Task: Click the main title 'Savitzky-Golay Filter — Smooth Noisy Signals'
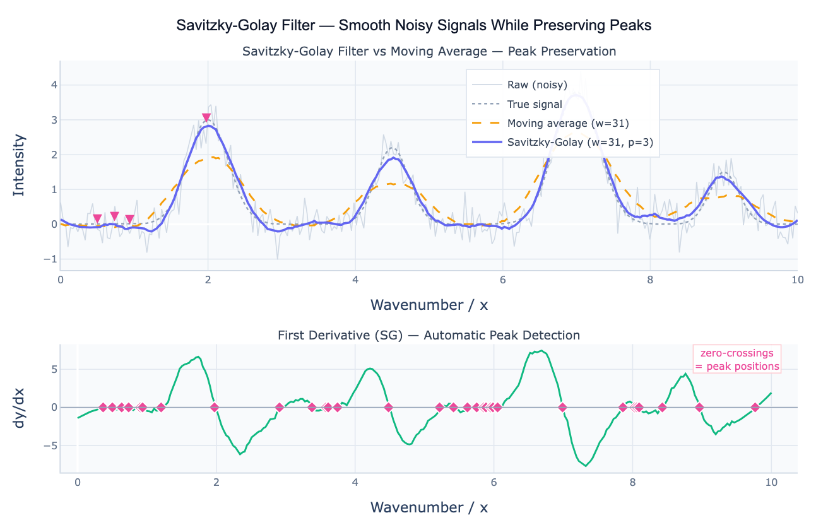[x=413, y=26]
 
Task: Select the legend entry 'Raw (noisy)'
[x=536, y=85]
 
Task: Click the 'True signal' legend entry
[x=534, y=104]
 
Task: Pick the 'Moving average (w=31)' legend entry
[x=568, y=123]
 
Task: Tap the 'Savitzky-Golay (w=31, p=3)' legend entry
[x=579, y=143]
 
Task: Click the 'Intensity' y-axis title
[x=20, y=165]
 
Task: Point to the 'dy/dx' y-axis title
[x=20, y=408]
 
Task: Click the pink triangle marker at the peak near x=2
[x=206, y=118]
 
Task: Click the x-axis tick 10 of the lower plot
[x=771, y=483]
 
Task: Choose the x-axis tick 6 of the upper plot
[x=502, y=280]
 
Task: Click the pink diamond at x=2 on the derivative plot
[x=215, y=407]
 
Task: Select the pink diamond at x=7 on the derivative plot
[x=562, y=407]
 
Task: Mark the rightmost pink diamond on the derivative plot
[x=755, y=407]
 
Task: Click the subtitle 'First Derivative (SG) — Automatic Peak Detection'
[x=429, y=335]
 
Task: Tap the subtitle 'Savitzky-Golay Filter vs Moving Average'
[x=429, y=51]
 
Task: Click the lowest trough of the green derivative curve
[x=586, y=466]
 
